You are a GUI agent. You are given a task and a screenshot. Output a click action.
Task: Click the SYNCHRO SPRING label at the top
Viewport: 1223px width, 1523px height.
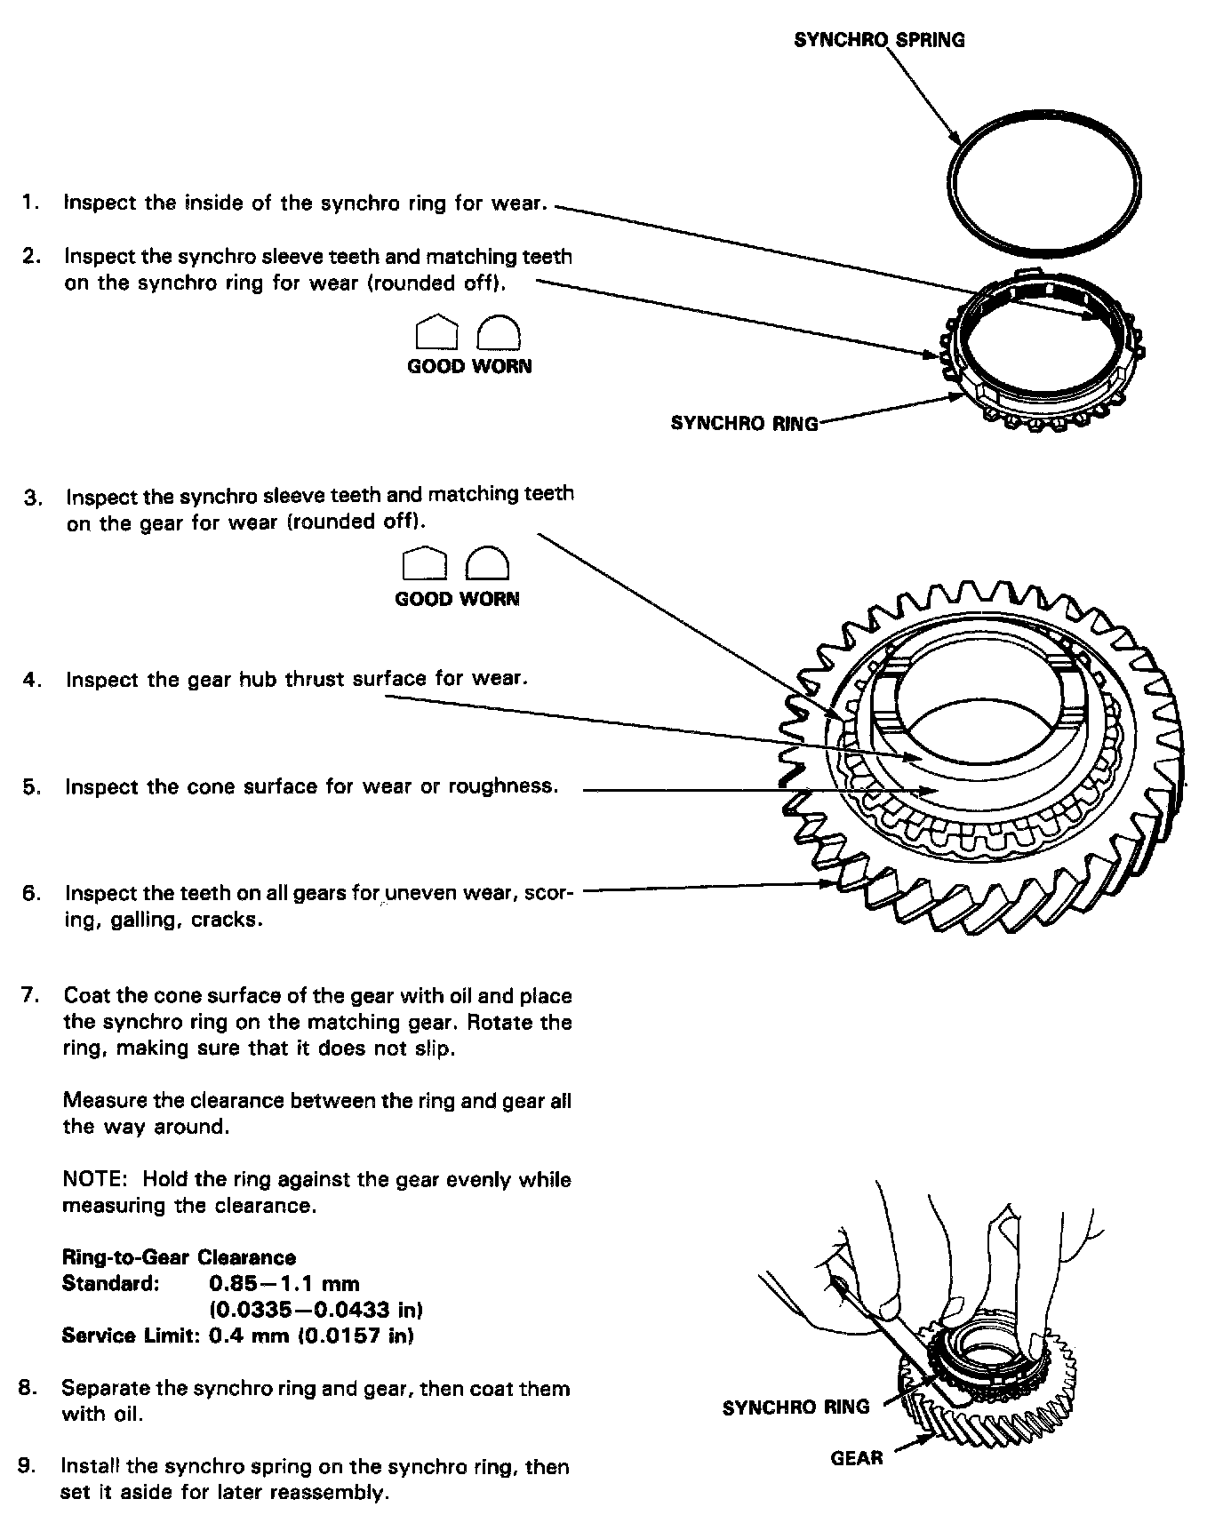pos(878,40)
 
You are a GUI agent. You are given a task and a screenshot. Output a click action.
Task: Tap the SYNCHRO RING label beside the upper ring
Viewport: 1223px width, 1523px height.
pos(744,423)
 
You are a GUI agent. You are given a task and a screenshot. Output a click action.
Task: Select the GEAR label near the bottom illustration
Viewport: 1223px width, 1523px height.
pos(857,1457)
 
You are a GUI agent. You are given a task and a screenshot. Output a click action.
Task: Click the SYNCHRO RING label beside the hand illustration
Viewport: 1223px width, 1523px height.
pos(795,1407)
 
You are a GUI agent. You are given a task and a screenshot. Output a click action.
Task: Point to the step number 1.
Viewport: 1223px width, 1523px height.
pos(30,203)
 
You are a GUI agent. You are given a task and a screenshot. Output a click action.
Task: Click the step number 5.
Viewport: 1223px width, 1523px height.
pos(31,787)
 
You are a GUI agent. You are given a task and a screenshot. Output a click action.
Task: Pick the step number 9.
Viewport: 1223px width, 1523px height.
pos(28,1466)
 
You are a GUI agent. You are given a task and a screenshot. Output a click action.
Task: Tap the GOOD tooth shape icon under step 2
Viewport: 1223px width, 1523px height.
pos(436,333)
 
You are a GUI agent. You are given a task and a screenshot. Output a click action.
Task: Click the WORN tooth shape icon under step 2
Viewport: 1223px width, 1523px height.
pos(499,333)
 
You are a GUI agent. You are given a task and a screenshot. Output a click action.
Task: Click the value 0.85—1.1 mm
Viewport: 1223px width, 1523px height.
pos(284,1283)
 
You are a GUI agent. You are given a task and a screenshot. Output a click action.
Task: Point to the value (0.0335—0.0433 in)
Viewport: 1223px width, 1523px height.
pos(316,1310)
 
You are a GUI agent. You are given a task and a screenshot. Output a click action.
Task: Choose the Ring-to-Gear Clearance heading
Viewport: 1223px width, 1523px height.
pos(179,1257)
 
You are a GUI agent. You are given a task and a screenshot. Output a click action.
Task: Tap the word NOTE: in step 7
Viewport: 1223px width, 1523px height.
pos(96,1180)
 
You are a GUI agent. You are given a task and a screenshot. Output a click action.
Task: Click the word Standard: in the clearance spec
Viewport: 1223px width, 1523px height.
pos(111,1283)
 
